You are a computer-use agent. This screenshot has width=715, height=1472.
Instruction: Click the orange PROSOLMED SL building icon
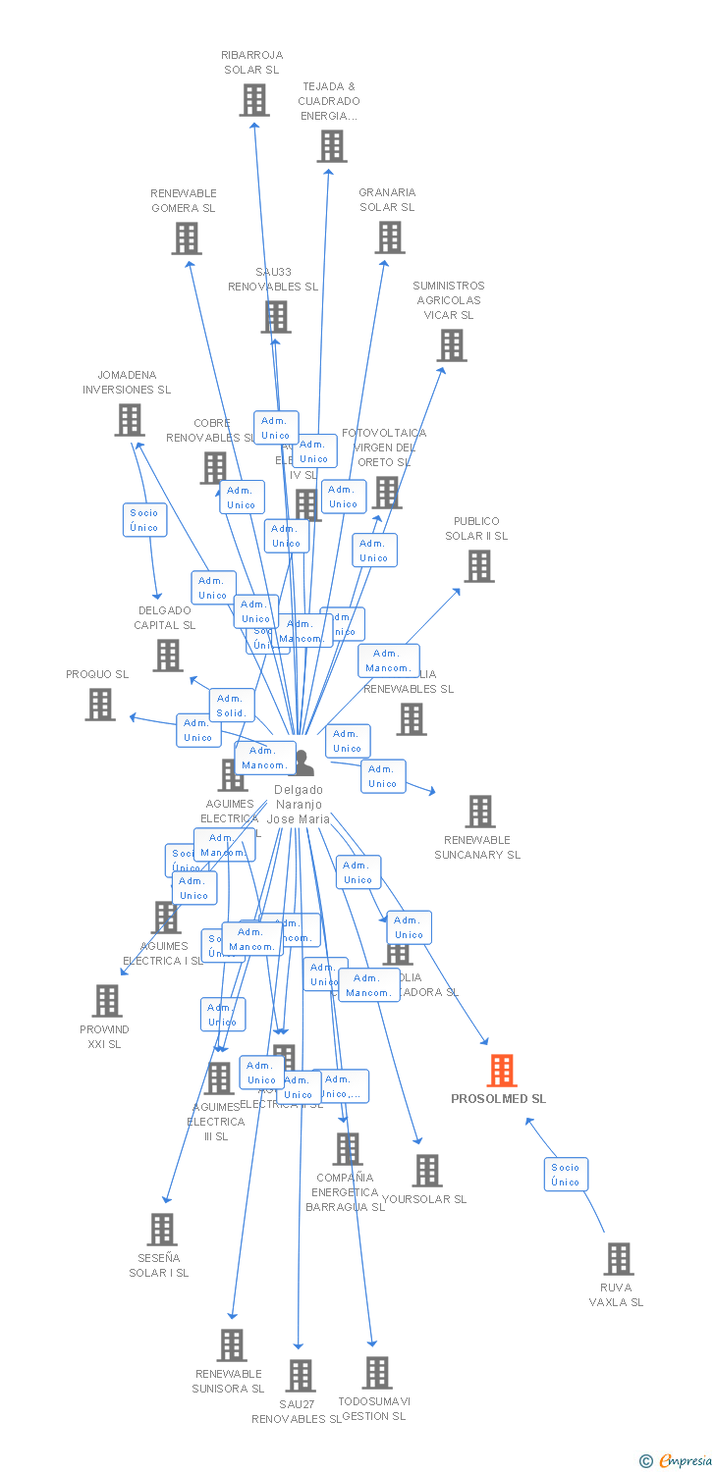(502, 1071)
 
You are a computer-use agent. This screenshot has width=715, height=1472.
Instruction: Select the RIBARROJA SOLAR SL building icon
(254, 100)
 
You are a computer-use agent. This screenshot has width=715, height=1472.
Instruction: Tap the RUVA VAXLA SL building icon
(618, 1259)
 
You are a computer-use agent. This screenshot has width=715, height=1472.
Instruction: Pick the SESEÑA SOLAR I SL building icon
(162, 1230)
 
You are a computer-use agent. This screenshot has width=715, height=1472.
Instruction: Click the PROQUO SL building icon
(100, 705)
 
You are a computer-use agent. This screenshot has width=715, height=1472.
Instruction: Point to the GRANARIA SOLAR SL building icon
(390, 237)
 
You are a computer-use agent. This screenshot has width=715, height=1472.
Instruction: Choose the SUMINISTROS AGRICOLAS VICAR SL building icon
(452, 345)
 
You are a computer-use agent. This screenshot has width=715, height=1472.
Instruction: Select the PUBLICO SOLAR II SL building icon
(479, 566)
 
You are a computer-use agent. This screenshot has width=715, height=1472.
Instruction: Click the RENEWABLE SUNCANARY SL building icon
(480, 812)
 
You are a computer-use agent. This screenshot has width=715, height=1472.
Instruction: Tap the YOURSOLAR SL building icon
(427, 1171)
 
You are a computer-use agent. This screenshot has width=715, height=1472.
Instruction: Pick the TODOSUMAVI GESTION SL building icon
(377, 1373)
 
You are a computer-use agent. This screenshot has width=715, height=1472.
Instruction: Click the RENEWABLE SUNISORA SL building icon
(232, 1345)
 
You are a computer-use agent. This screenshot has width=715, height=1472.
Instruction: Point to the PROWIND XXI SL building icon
(106, 1001)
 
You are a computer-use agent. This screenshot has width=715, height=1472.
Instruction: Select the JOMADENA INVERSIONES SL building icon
(130, 420)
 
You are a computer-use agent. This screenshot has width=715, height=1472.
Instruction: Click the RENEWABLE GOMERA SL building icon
(187, 238)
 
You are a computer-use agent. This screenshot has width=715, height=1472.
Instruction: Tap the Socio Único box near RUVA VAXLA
(566, 1174)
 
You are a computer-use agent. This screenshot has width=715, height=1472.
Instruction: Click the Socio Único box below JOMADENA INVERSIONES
(144, 519)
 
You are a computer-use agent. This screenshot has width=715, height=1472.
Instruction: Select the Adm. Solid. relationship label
(232, 706)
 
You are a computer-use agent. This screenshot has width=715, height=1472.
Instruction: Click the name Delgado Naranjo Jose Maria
(299, 804)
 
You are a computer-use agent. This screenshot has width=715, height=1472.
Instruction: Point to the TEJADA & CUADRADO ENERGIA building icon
(332, 146)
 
